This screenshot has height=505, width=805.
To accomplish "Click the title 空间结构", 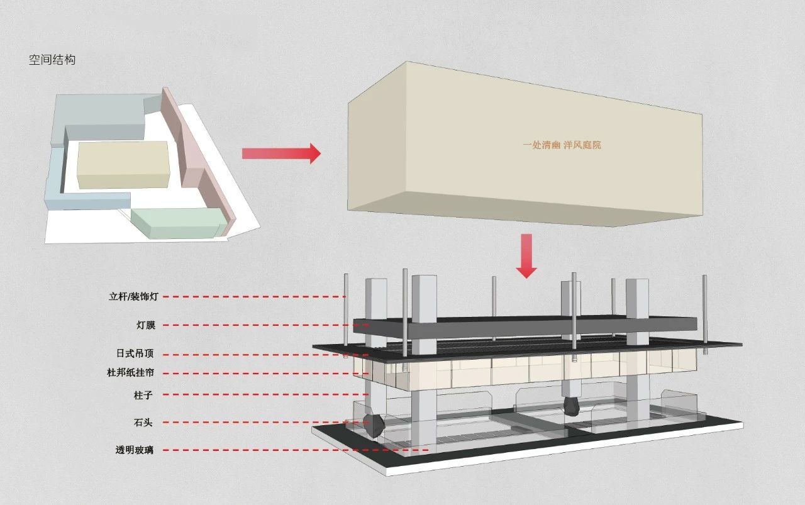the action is coord(52,60).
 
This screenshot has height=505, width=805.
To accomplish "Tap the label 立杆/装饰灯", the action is coord(134,297).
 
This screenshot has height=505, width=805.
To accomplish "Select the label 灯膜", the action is coord(145,325).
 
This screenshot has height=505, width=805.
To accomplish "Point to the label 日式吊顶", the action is coord(135,353).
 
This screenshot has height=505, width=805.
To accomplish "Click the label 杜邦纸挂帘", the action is coord(130,372).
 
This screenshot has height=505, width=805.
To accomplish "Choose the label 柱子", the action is coord(143,396).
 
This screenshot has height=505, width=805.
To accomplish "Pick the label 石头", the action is coord(143,423).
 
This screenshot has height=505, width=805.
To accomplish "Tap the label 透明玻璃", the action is coord(135,450).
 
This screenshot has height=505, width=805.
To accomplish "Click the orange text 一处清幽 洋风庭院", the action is coord(562,145).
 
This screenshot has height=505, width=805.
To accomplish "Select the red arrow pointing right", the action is coord(281,153).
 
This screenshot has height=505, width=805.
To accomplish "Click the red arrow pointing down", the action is coord(526,256).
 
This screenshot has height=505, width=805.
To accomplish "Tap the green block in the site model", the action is coord(176,222).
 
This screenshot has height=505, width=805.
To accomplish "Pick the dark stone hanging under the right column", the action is coord(572,406).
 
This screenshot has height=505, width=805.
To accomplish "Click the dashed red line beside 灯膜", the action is coord(266,325).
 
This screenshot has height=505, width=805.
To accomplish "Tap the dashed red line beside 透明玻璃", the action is coord(296,450).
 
